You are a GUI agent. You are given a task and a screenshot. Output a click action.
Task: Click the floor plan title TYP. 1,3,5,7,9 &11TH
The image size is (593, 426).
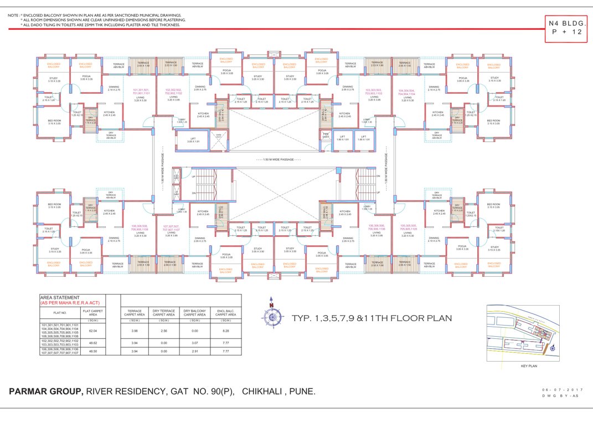pyautogui.click(x=372, y=318)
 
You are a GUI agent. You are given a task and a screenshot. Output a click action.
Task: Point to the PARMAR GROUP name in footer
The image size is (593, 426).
pyautogui.click(x=46, y=392)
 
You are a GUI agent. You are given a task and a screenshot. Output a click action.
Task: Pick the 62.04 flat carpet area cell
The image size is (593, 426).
pyautogui.click(x=93, y=331)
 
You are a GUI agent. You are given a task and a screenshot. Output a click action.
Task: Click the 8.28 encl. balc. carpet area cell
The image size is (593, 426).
pyautogui.click(x=225, y=331)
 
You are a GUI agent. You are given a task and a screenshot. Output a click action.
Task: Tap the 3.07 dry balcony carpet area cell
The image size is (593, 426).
pyautogui.click(x=194, y=343)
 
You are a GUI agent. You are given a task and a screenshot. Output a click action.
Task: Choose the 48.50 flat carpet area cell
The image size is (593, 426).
pyautogui.click(x=93, y=351)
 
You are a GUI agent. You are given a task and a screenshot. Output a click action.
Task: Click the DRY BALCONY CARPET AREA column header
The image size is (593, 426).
pyautogui.click(x=194, y=313)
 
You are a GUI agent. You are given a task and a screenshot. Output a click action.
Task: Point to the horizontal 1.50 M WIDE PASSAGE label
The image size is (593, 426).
pyautogui.click(x=275, y=160)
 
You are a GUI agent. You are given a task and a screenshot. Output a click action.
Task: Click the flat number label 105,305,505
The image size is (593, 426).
pyautogui.click(x=408, y=227)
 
